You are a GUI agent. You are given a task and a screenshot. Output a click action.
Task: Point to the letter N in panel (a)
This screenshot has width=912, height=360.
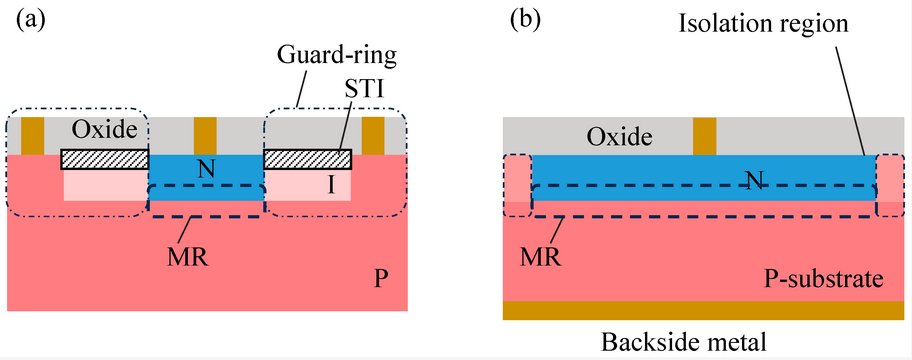pyautogui.click(x=205, y=169)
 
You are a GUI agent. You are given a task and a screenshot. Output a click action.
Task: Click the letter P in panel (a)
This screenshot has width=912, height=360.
pyautogui.click(x=380, y=281)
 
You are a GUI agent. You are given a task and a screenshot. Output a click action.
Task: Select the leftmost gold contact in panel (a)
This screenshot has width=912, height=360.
pyautogui.click(x=33, y=135)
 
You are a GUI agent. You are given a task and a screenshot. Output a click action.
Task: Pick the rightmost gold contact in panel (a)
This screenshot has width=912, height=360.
pyautogui.click(x=373, y=135)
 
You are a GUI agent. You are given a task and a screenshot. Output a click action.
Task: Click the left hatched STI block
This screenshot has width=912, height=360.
pyautogui.click(x=104, y=160)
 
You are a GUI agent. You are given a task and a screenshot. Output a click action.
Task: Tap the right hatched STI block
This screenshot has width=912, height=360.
pyautogui.click(x=307, y=160)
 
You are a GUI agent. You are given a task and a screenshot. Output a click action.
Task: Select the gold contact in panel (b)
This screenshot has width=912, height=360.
pyautogui.click(x=705, y=135)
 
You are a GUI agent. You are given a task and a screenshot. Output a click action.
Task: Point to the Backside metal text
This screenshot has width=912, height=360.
pyautogui.click(x=685, y=342)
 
